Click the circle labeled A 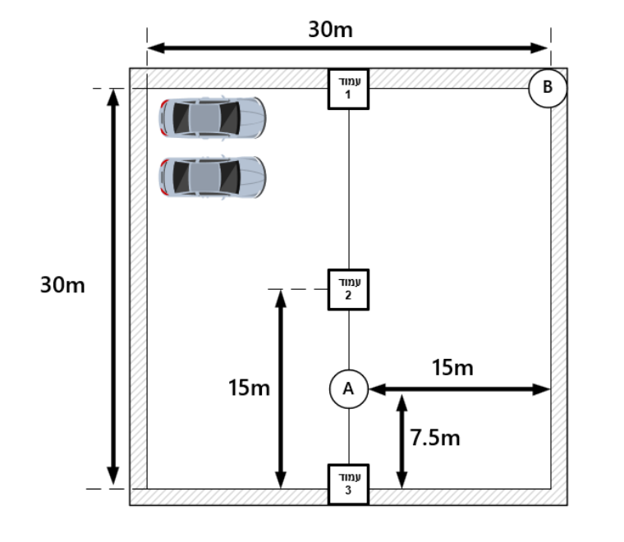click(349, 389)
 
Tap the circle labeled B click(548, 88)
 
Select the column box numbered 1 click(349, 90)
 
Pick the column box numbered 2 click(349, 290)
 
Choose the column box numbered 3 click(349, 485)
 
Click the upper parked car click(213, 117)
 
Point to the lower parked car click(213, 177)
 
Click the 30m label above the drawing click(330, 30)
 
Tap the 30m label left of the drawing click(62, 285)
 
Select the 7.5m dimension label click(435, 438)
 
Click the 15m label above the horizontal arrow click(453, 367)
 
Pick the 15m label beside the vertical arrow click(249, 388)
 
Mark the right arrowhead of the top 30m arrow click(540, 48)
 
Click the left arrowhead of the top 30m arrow click(156, 48)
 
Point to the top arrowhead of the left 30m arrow click(113, 98)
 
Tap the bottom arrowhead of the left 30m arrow click(113, 475)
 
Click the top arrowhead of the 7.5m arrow click(402, 403)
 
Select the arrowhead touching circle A click(377, 389)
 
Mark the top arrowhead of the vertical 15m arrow click(281, 298)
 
